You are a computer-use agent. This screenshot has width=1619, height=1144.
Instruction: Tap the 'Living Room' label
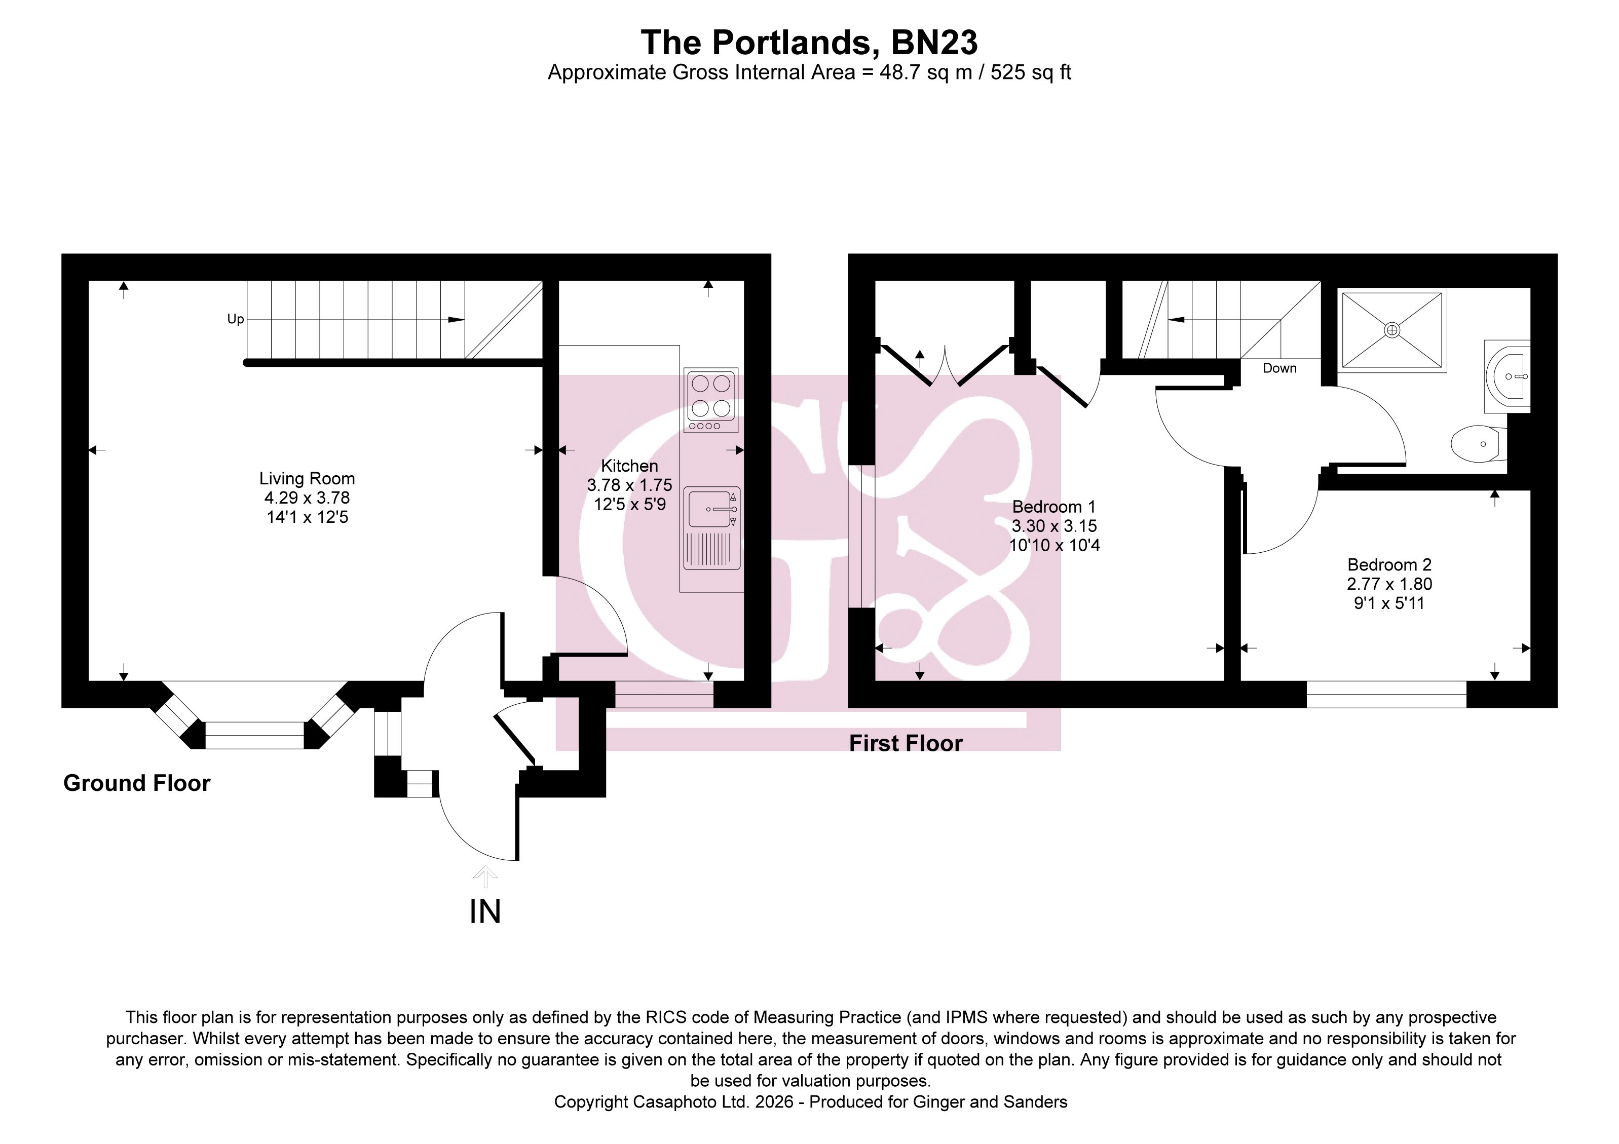307,479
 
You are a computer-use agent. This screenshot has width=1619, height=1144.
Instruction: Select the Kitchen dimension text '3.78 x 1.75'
630,485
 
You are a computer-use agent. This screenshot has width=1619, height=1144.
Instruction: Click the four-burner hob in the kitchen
711,400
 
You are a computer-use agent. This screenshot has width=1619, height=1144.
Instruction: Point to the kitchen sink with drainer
711,528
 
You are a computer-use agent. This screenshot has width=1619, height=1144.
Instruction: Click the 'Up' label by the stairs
236,319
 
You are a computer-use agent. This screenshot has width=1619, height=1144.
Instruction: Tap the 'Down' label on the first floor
1279,368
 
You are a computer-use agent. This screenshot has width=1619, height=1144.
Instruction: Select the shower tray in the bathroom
1392,330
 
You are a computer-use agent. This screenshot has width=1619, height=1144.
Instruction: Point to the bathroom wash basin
1508,376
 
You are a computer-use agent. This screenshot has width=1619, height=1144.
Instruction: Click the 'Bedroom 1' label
1054,507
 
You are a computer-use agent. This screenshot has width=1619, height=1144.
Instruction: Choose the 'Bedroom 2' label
1389,564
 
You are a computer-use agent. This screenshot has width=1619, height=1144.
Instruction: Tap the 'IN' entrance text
485,911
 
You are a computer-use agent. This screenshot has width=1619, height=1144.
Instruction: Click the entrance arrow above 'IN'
485,877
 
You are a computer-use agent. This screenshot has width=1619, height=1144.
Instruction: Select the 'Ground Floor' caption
137,783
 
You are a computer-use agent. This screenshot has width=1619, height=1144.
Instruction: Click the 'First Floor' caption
906,743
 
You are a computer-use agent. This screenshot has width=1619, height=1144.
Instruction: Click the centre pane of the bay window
254,735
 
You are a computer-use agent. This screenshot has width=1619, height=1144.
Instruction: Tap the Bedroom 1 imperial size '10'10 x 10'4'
1054,545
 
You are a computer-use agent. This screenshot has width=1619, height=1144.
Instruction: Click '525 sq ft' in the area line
1031,72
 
